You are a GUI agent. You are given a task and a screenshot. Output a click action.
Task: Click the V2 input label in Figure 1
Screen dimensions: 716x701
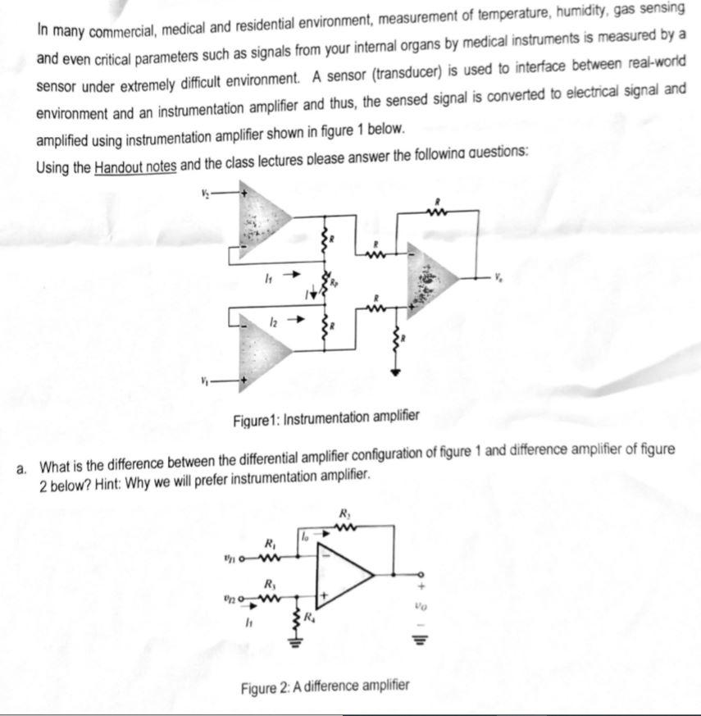204,194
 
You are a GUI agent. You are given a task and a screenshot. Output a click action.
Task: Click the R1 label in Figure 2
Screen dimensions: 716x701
267,544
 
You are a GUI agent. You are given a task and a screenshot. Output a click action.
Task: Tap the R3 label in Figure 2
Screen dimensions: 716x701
268,585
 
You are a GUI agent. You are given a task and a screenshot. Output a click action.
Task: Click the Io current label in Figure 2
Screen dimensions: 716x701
304,535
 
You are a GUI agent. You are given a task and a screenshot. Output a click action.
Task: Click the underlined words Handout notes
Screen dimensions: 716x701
135,166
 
